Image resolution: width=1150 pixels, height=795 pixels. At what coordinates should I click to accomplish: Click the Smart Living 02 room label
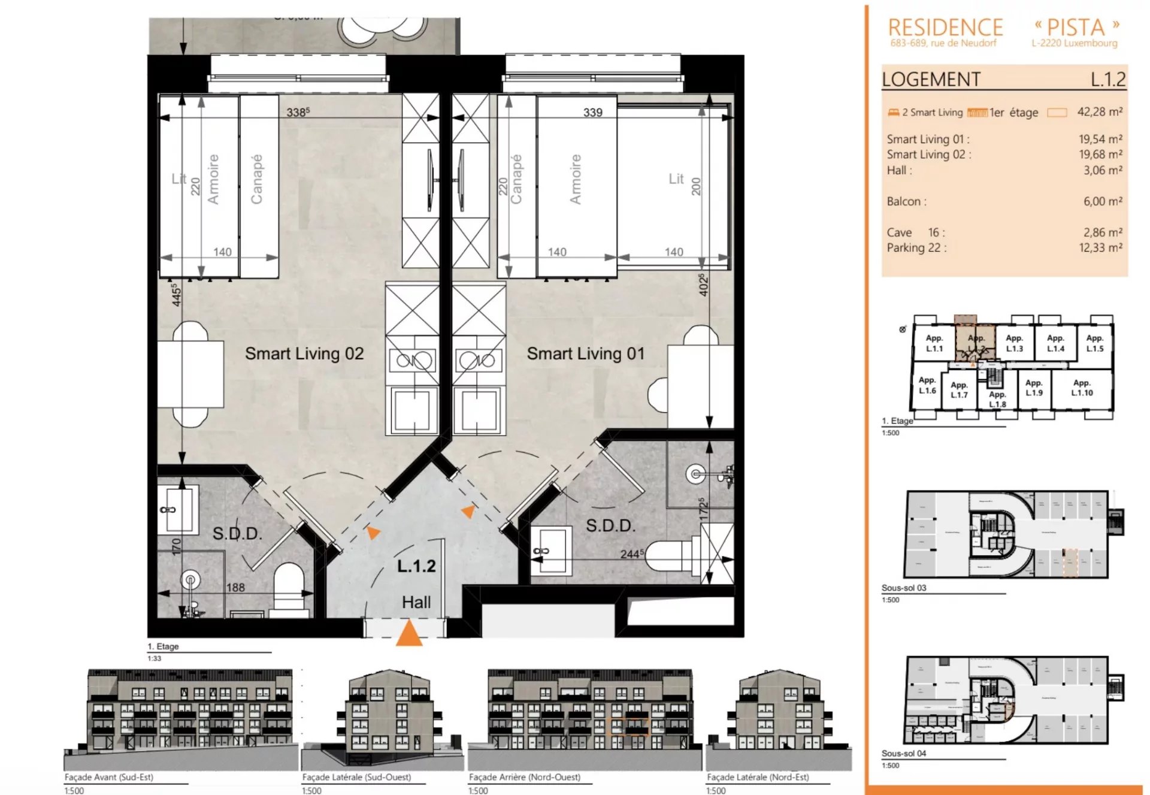tap(304, 353)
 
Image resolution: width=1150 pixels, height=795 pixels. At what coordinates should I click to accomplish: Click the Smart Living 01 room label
tap(585, 353)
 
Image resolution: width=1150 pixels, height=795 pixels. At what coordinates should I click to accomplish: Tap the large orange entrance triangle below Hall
tap(409, 634)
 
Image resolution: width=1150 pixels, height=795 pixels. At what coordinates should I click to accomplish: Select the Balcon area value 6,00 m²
tap(1102, 201)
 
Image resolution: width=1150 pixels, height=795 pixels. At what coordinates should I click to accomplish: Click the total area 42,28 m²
tap(1099, 112)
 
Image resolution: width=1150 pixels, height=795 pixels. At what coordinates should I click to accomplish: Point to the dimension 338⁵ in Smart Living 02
tap(298, 112)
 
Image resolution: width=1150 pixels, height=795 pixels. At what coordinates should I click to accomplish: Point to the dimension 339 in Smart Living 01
tap(592, 112)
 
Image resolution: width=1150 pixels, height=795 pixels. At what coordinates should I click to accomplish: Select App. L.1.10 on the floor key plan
tap(1082, 388)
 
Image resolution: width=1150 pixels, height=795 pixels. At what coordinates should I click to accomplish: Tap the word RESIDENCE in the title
tap(945, 28)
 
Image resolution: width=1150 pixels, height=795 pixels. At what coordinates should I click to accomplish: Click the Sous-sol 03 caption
tap(903, 588)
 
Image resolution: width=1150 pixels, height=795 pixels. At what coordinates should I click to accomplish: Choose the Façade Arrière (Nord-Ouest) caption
tap(524, 777)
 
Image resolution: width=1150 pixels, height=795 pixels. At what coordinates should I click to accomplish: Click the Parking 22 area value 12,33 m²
tap(1100, 247)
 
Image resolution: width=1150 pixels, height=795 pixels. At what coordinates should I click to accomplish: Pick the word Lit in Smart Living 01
tap(676, 179)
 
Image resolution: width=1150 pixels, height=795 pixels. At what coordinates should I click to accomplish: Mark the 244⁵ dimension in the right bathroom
tap(632, 554)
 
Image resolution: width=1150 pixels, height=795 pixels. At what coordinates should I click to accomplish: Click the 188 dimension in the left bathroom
tap(235, 587)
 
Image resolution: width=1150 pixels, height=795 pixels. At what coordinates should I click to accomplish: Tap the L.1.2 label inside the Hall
tap(416, 566)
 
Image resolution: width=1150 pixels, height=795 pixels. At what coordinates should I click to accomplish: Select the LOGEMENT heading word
tap(931, 79)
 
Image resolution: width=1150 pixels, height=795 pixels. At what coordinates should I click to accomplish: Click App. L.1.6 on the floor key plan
tap(927, 385)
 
